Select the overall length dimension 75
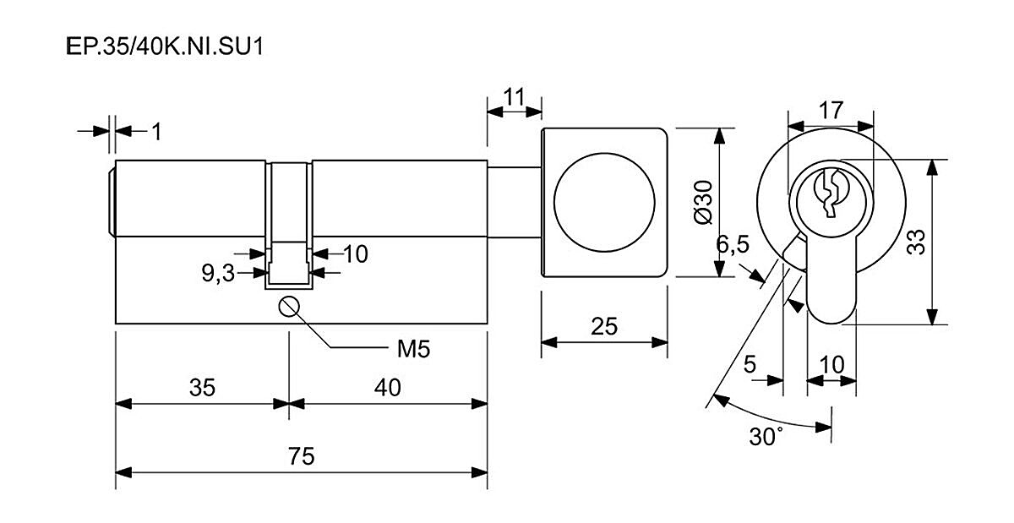(x=301, y=456)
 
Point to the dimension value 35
(x=202, y=388)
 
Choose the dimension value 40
(x=387, y=388)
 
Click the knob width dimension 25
(x=604, y=325)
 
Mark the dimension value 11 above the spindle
(x=514, y=95)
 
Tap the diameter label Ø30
(x=701, y=203)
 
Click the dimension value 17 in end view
(x=830, y=110)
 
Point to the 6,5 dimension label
(x=733, y=245)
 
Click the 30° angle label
(x=766, y=436)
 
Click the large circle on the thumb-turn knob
(x=603, y=203)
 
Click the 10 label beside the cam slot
(x=356, y=253)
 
